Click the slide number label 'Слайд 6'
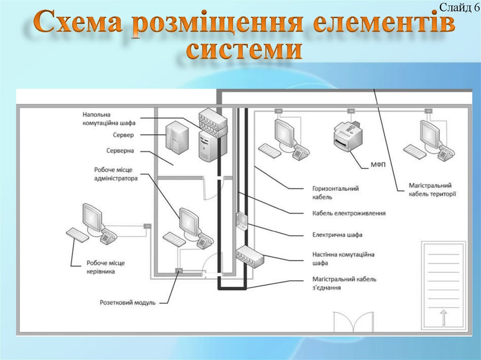click(455, 8)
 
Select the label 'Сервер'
click(124, 135)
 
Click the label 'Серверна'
click(120, 151)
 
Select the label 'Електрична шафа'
click(337, 234)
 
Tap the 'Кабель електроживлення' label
click(349, 213)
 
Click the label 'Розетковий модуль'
click(127, 303)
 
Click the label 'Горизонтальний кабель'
click(335, 192)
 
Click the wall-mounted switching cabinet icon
click(249, 255)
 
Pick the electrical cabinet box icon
click(240, 220)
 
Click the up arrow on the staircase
click(444, 317)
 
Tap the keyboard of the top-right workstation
click(415, 151)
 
